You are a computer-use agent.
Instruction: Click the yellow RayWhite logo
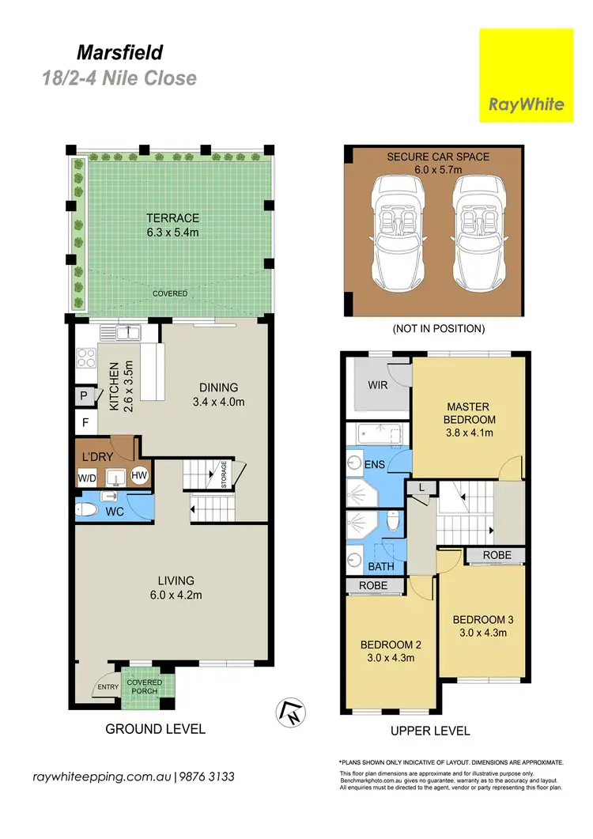[x=526, y=75]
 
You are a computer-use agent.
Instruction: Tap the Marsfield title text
[x=120, y=53]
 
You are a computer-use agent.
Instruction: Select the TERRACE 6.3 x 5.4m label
[x=172, y=225]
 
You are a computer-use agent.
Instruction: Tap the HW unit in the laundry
[x=139, y=475]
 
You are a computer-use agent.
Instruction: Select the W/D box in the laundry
[x=86, y=477]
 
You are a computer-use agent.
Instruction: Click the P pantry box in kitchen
[x=83, y=396]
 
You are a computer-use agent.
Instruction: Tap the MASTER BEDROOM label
[x=469, y=420]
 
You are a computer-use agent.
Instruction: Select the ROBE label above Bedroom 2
[x=374, y=586]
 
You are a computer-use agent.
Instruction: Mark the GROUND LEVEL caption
[x=156, y=729]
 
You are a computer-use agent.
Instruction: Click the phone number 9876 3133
[x=207, y=777]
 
